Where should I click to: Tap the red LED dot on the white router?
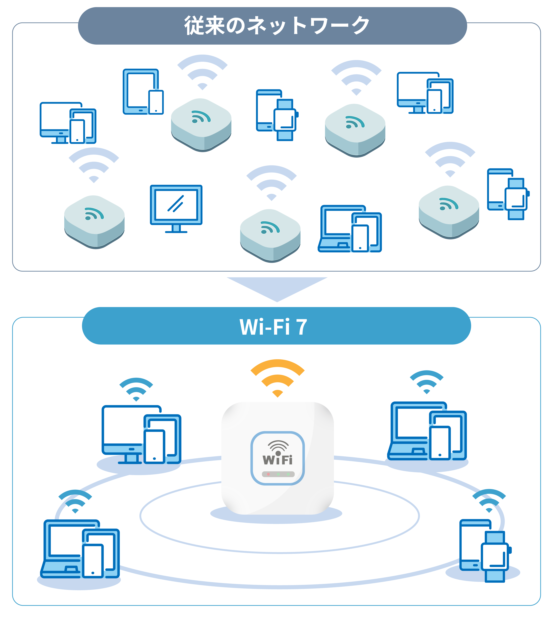pyautogui.click(x=268, y=474)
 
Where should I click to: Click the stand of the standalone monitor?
pyautogui.click(x=176, y=229)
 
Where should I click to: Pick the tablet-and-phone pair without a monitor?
pyautogui.click(x=143, y=92)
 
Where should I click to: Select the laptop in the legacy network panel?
pyautogui.click(x=336, y=229)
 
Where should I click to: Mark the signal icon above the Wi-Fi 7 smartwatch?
pyautogui.click(x=489, y=501)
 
